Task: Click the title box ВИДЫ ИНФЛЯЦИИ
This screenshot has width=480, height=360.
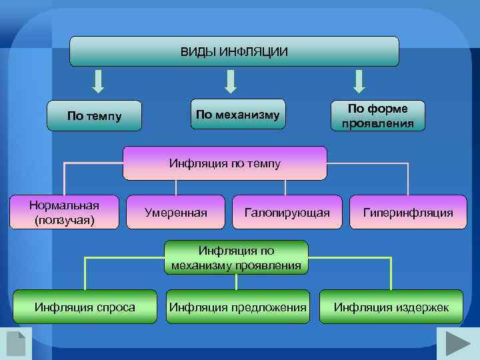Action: (x=234, y=51)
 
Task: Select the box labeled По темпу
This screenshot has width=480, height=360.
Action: (x=95, y=116)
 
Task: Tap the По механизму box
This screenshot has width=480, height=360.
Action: (x=237, y=115)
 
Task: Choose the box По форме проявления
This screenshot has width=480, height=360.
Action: (x=378, y=115)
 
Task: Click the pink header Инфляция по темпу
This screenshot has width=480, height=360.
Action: (x=225, y=163)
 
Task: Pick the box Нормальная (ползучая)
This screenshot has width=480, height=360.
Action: (x=64, y=212)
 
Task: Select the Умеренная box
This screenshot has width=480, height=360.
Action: (x=175, y=213)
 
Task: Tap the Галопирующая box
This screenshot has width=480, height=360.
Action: (x=287, y=213)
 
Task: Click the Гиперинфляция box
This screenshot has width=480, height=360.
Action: (x=407, y=213)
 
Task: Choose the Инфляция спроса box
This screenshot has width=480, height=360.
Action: (x=85, y=307)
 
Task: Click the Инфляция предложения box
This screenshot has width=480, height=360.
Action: (x=238, y=307)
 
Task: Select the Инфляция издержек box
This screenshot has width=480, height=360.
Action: (x=391, y=307)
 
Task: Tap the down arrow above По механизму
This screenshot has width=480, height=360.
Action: (x=231, y=81)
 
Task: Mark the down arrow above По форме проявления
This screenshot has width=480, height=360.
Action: (x=359, y=81)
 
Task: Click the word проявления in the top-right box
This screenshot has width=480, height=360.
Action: (x=378, y=123)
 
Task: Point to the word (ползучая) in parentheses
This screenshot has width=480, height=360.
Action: (x=64, y=219)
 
